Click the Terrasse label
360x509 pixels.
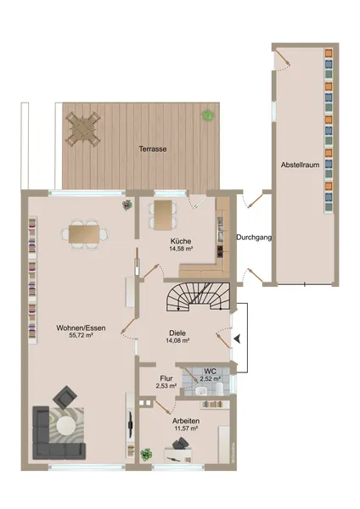point(153,149)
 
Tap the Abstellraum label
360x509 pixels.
point(301,165)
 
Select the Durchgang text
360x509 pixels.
point(254,238)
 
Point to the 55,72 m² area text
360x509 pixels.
point(75,335)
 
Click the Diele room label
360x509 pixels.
point(177,333)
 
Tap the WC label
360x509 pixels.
point(209,371)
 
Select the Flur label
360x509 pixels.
point(166,378)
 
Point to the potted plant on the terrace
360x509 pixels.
point(206,114)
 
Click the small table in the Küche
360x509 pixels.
point(162,215)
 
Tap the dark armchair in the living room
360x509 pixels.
point(65,397)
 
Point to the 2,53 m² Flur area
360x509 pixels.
point(166,386)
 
